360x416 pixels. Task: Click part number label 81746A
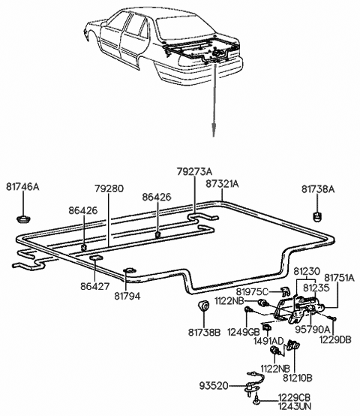point(22,187)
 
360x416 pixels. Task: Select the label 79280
point(109,188)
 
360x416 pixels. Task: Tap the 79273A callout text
point(195,171)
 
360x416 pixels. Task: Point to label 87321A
point(222,183)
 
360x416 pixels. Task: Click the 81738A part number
point(318,189)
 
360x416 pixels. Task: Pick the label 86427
point(94,286)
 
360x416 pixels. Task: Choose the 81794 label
point(127,296)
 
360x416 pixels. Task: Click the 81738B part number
point(204,332)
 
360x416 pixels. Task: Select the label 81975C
point(252,292)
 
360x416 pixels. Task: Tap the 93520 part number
point(214,385)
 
